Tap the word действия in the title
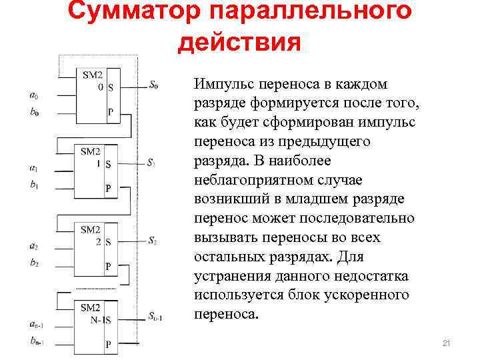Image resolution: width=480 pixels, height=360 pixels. pyautogui.click(x=240, y=41)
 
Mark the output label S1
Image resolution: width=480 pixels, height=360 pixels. pyautogui.click(x=152, y=163)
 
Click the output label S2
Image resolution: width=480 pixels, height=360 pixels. pyautogui.click(x=152, y=240)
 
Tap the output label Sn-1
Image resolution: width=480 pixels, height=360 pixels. pyautogui.click(x=155, y=318)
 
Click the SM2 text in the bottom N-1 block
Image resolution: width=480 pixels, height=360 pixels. pyautogui.click(x=90, y=307)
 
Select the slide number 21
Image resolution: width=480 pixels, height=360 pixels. pyautogui.click(x=447, y=343)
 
